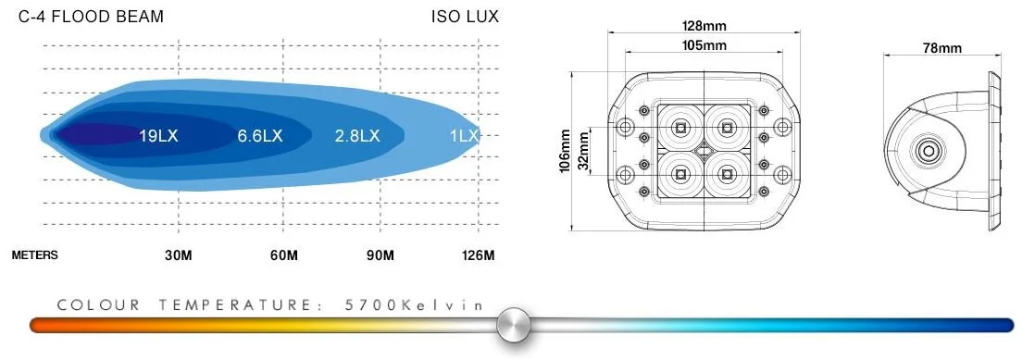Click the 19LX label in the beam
[158, 136]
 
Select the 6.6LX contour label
[260, 136]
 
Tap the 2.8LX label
[357, 136]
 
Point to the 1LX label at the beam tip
[464, 136]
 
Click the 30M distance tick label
[179, 255]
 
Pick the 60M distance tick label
[284, 255]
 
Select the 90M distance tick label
[380, 255]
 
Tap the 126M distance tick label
[478, 255]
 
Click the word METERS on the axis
[35, 255]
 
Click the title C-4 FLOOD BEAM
[91, 18]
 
